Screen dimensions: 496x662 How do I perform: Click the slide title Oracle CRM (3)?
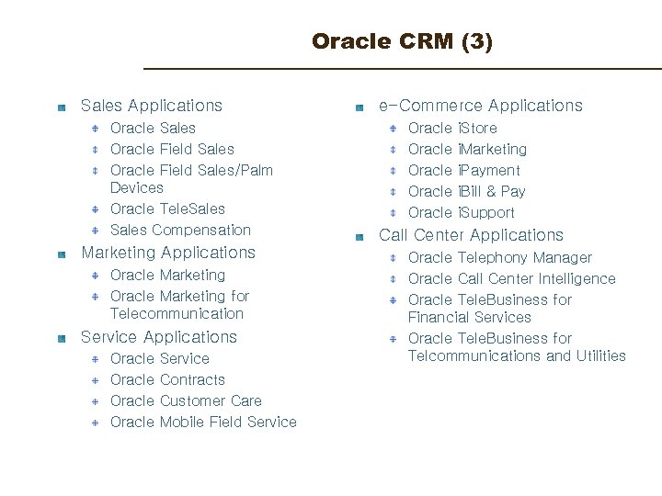(x=402, y=41)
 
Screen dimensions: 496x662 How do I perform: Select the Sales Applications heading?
(x=152, y=106)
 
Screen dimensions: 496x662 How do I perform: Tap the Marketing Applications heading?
(x=168, y=253)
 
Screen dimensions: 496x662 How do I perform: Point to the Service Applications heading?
(x=159, y=337)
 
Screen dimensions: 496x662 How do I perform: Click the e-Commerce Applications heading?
(x=481, y=106)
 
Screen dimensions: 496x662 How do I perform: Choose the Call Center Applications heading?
(x=471, y=235)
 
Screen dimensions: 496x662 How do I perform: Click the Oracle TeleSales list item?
(x=167, y=209)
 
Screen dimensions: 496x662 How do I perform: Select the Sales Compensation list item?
(x=180, y=230)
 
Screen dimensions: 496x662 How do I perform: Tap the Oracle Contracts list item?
(x=167, y=379)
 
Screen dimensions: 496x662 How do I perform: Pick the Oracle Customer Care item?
(x=186, y=400)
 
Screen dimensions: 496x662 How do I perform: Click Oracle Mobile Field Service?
(x=203, y=422)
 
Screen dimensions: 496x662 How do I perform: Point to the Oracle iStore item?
(x=452, y=128)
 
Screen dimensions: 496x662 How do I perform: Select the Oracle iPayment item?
(x=464, y=170)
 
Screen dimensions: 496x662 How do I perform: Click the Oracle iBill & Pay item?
(x=467, y=191)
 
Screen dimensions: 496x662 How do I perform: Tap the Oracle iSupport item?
(x=462, y=212)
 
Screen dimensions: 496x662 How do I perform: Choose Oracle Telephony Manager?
(x=500, y=257)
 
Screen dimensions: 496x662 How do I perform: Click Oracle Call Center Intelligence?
(x=512, y=278)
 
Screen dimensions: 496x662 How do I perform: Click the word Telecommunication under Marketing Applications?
(x=177, y=313)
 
